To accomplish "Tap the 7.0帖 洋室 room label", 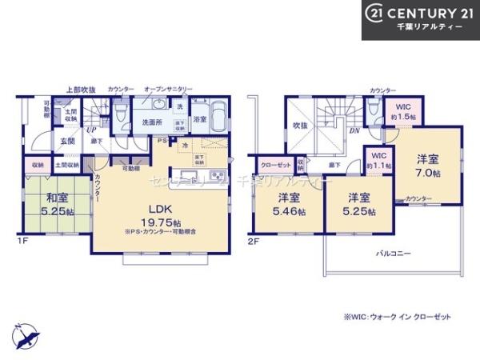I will [430, 165].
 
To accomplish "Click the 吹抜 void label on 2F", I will [300, 126].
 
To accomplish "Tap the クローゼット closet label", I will [274, 165].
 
